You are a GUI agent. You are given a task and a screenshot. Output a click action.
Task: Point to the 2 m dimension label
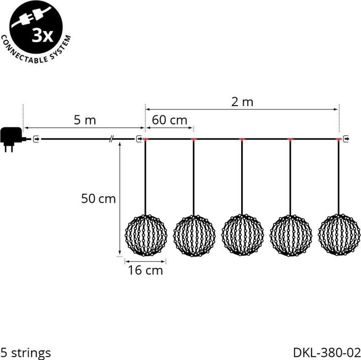click(x=242, y=102)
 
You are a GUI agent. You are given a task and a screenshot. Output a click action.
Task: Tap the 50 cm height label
click(x=98, y=199)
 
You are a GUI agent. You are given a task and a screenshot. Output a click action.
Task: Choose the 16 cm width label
click(x=145, y=271)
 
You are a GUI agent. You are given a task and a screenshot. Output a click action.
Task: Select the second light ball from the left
click(x=194, y=235)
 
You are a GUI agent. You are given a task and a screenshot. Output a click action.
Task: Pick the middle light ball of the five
click(x=242, y=235)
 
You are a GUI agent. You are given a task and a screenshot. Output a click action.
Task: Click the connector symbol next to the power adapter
click(x=36, y=139)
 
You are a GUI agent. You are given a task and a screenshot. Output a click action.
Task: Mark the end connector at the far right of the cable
click(x=347, y=139)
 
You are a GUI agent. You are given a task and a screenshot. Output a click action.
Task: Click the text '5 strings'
click(x=26, y=353)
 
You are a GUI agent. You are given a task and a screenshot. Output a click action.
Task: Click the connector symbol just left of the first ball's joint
click(x=139, y=139)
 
